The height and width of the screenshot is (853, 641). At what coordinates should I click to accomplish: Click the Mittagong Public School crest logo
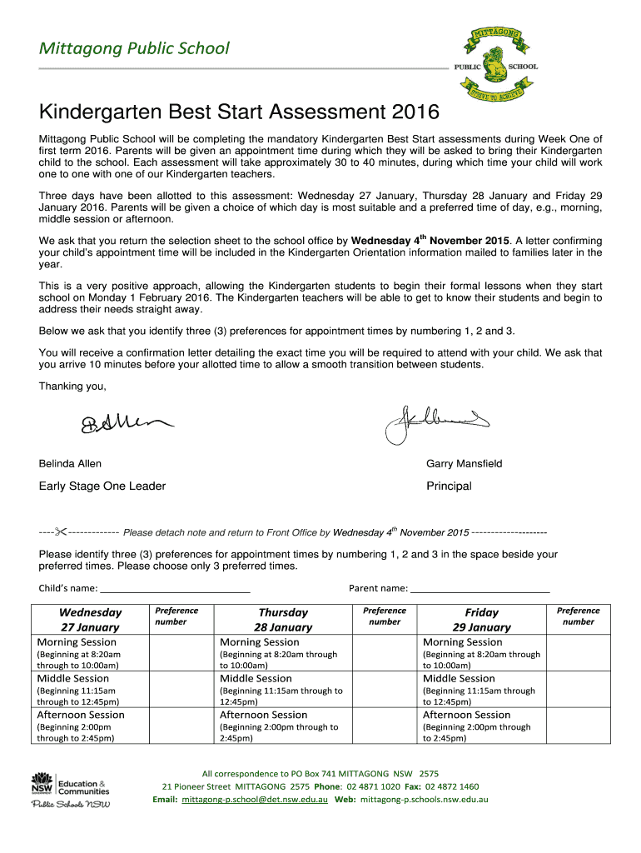point(495,60)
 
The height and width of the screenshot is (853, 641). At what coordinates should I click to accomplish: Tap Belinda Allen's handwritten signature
point(127,425)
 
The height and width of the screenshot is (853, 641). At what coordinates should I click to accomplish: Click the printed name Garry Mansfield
point(464,464)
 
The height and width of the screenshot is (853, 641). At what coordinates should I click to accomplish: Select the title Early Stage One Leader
point(102,486)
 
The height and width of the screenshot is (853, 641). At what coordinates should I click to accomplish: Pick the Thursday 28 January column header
point(283,620)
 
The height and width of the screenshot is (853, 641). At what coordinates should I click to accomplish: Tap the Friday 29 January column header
point(482,620)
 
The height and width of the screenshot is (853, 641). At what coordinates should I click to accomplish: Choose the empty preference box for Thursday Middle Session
point(385,690)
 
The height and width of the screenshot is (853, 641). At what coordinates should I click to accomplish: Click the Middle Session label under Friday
point(459,678)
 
